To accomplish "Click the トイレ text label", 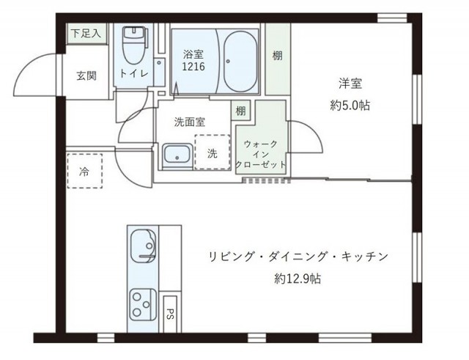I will click(134, 74).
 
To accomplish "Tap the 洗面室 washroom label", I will click(189, 123).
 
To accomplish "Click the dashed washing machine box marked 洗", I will click(212, 153).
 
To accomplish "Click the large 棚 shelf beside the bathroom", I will click(277, 56).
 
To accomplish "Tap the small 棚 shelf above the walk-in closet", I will click(240, 111).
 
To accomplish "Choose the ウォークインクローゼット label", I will click(261, 155).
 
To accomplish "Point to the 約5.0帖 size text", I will click(350, 106).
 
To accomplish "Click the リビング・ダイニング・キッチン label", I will click(298, 257).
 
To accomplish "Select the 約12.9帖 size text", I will click(298, 279).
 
